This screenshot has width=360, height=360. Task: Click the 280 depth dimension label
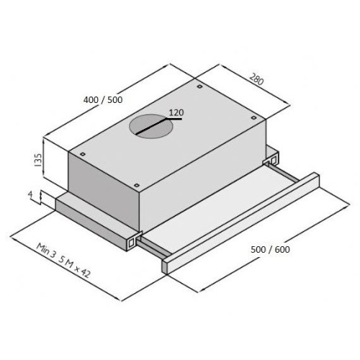click(256, 79)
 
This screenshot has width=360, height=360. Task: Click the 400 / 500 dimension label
click(103, 99)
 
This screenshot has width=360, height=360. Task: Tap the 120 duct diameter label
click(176, 112)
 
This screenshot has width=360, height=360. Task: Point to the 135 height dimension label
click(38, 160)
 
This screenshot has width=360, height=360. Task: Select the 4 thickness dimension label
click(30, 194)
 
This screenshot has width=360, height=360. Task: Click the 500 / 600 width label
click(270, 249)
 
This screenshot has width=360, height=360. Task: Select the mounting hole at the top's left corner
click(82, 154)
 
